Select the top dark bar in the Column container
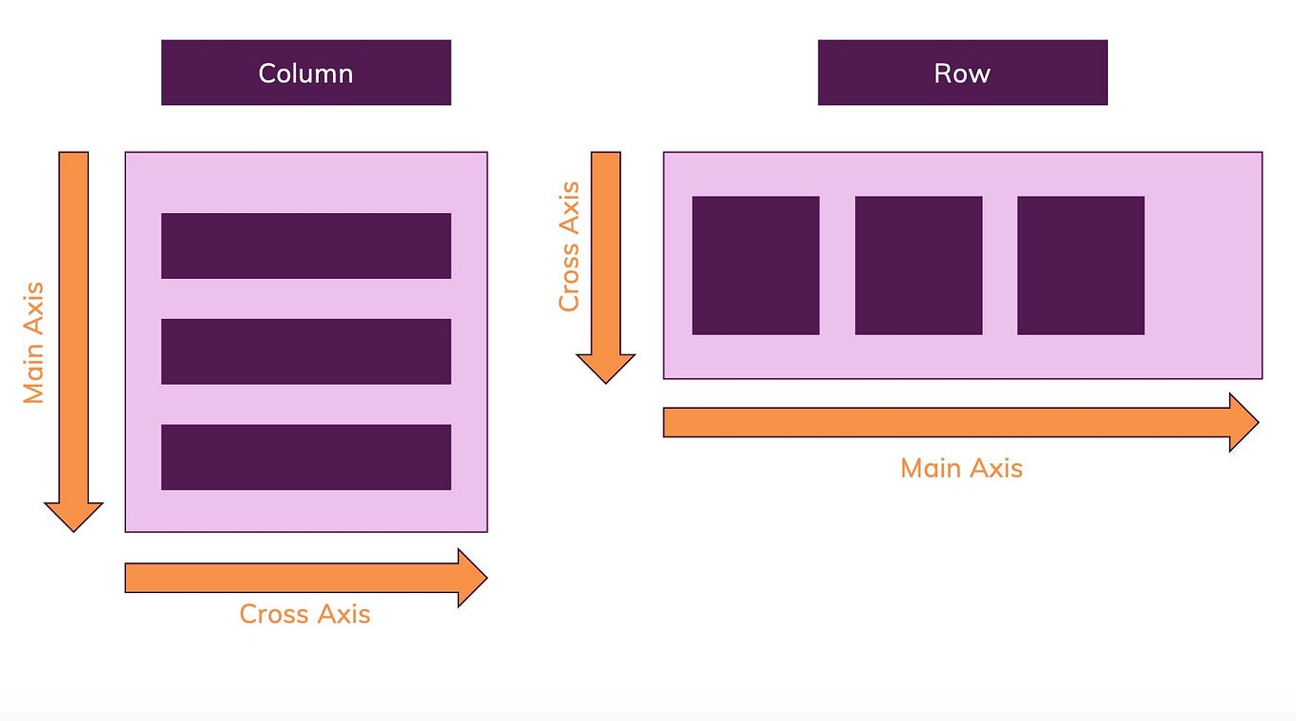tap(305, 245)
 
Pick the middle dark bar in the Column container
tap(305, 351)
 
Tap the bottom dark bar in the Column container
tap(305, 456)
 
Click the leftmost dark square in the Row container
tap(755, 265)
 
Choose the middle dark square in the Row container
tap(918, 265)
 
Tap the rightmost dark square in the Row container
tap(1080, 265)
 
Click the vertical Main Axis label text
tap(34, 342)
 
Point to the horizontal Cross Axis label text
tap(304, 613)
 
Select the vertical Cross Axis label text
tap(569, 246)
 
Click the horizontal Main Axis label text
tap(961, 468)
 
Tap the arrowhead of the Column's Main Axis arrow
tap(73, 516)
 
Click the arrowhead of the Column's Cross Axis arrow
tap(471, 578)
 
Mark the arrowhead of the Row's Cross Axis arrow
tap(605, 368)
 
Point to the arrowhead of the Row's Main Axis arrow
tap(1243, 422)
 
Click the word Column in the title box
tap(305, 74)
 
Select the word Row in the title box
tap(962, 74)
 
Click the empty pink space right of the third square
tap(1202, 265)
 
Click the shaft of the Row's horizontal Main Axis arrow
tap(945, 422)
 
